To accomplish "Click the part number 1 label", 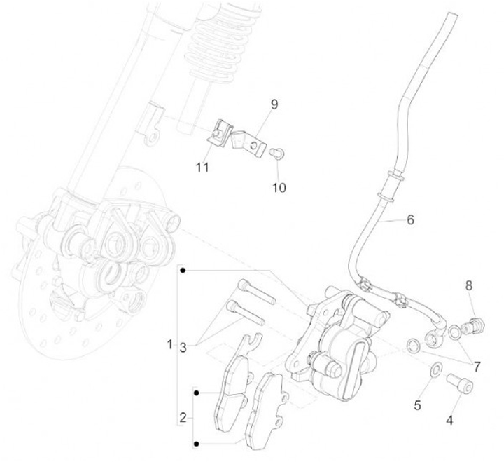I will (x=169, y=345).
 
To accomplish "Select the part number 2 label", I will (x=183, y=418).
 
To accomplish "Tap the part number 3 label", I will (x=183, y=346).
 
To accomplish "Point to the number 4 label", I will (x=449, y=421).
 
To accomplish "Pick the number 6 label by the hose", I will (x=410, y=219).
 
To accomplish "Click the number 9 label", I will (x=274, y=104).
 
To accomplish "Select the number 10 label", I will (x=279, y=188).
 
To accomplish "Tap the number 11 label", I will (x=203, y=168).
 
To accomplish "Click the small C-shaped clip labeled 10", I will (x=277, y=152).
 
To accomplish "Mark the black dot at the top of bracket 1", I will (x=183, y=270).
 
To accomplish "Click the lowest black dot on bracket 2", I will (x=197, y=443).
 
